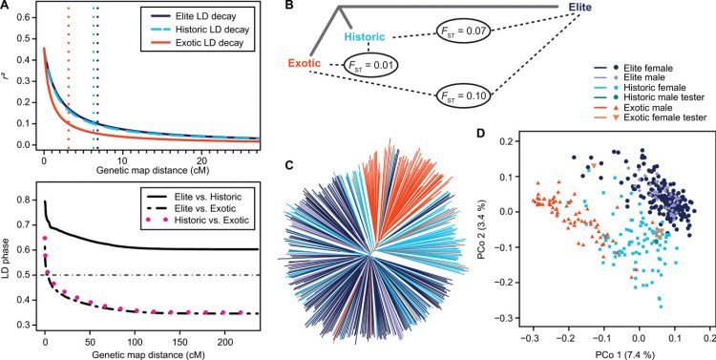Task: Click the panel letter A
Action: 6,7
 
